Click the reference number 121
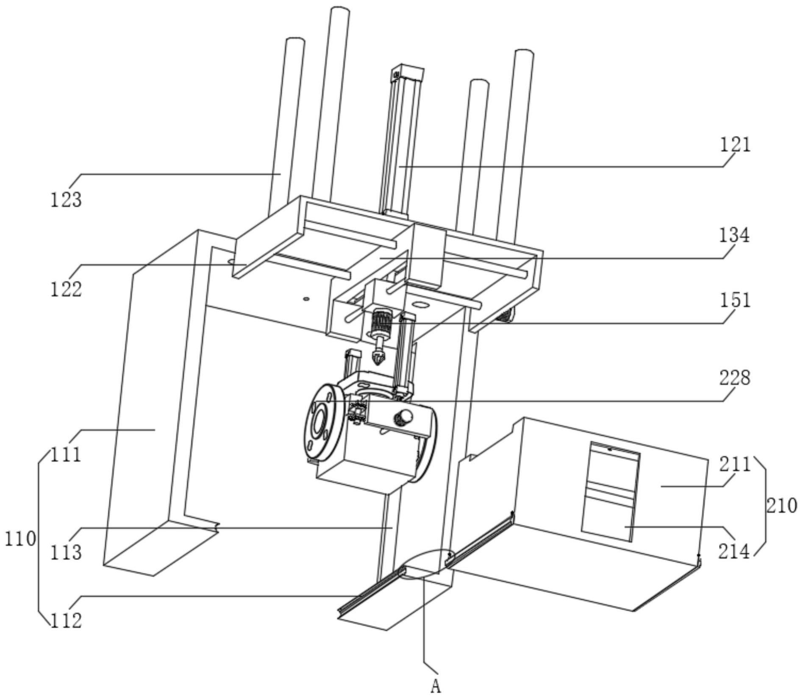click(x=735, y=145)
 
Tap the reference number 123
click(x=66, y=199)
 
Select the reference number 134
click(x=734, y=235)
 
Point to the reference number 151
click(x=735, y=301)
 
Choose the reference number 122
click(x=66, y=290)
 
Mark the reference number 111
click(x=66, y=455)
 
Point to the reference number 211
click(x=734, y=465)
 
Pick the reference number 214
click(x=734, y=551)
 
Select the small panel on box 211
click(x=611, y=492)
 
